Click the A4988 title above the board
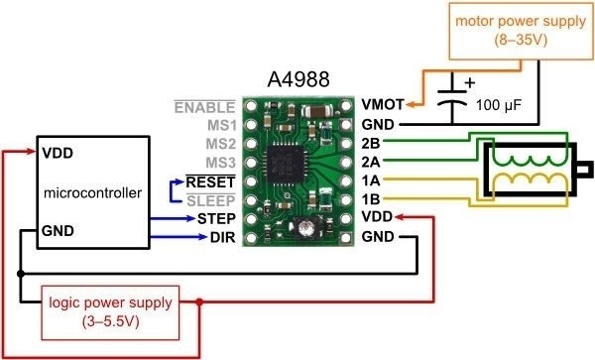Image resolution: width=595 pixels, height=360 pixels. (298, 78)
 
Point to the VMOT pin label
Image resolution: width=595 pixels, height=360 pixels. (384, 104)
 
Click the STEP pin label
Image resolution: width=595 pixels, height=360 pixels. (215, 218)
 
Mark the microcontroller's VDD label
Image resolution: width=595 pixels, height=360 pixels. (57, 155)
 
